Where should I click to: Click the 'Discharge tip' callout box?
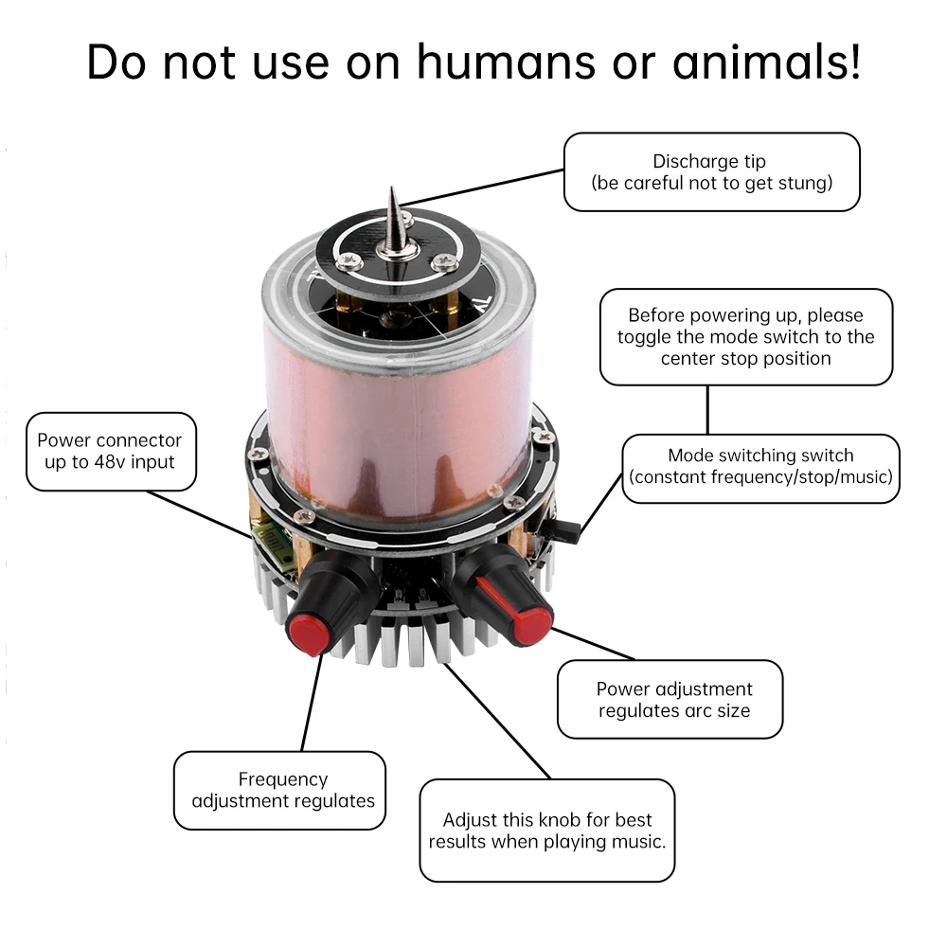pyautogui.click(x=711, y=171)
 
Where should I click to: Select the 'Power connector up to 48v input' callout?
pyautogui.click(x=110, y=451)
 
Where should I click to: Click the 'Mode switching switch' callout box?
pyautogui.click(x=760, y=467)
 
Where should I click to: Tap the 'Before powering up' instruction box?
pyautogui.click(x=746, y=336)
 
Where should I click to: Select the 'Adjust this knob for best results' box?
pyautogui.click(x=547, y=831)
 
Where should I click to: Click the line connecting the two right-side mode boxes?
pyautogui.click(x=707, y=409)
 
